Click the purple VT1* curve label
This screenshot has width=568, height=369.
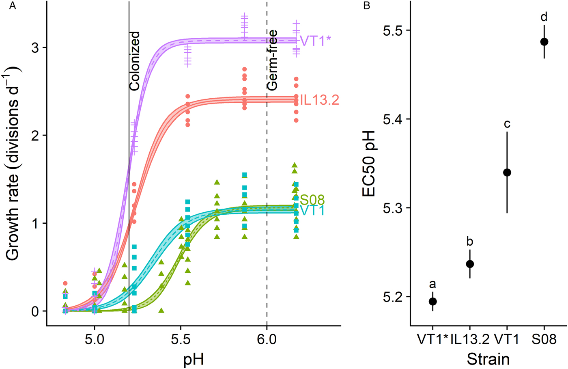point(315,41)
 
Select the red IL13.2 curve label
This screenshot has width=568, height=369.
point(319,100)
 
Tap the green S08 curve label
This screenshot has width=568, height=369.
point(312,200)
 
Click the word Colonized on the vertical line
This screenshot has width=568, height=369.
point(135,61)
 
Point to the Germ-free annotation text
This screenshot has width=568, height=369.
point(273,60)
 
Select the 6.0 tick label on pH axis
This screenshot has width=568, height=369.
point(267,339)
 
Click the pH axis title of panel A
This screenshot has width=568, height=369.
point(194,359)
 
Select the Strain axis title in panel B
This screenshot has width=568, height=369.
point(488,359)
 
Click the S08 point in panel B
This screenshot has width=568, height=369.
point(544,42)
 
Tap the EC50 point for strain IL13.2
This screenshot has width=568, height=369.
point(470,264)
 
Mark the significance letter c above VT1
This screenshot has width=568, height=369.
point(507,124)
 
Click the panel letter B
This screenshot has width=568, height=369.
point(367,6)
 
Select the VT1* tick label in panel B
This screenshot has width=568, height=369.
point(432,339)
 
